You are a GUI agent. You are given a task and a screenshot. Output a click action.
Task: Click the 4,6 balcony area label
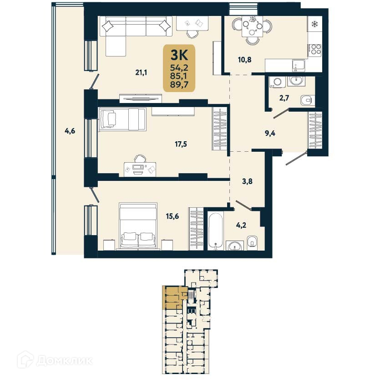69,131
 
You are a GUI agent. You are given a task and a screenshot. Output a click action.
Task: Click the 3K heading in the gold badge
179,55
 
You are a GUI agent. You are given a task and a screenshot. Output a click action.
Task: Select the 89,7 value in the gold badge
179,84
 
